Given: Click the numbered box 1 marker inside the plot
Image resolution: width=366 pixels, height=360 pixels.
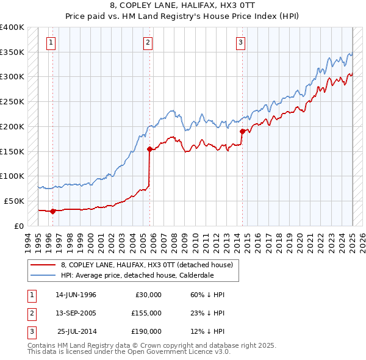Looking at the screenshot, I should pos(51,42).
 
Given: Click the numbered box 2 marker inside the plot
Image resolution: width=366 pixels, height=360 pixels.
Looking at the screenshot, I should pos(148,42).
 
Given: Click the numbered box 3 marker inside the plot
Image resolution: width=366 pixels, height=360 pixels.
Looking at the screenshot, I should pos(241,42).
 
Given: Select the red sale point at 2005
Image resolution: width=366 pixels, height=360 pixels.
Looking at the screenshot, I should pos(149,148).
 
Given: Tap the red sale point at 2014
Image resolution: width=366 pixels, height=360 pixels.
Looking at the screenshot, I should pos(242,131).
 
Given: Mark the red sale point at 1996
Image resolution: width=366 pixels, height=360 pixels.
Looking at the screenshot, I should pos(52,211).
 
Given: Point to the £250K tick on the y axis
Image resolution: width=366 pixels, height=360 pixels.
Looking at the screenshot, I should pos(12,101).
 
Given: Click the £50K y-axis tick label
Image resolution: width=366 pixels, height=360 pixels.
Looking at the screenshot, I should pos(14,201).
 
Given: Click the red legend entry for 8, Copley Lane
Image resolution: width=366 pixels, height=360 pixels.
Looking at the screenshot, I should pos(147,265).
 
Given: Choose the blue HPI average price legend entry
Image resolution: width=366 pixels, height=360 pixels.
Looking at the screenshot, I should pos(137,275).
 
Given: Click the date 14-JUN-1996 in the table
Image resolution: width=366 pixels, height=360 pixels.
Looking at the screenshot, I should pos(76,295).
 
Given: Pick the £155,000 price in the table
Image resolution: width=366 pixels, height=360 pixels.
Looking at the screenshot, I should pos(146,313).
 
